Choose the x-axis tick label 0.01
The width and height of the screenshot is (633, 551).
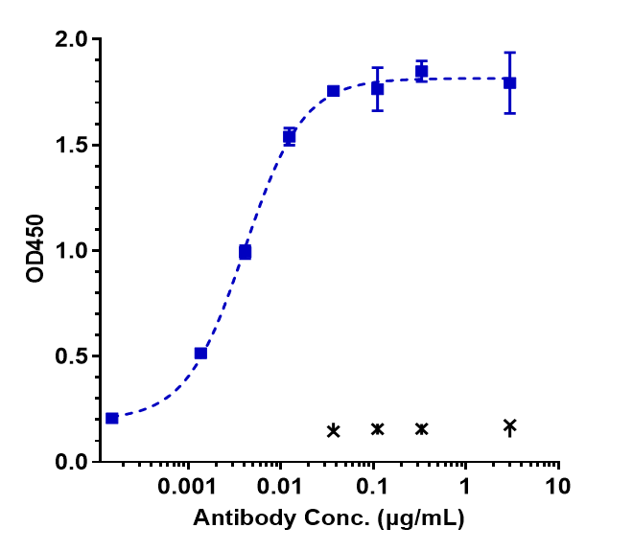[280, 486]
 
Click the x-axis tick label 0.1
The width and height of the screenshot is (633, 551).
[372, 486]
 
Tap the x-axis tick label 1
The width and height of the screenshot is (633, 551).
[464, 486]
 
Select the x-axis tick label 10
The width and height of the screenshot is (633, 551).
[556, 486]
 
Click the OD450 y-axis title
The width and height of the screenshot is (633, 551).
[35, 250]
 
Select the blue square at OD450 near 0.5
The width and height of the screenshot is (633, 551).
[200, 354]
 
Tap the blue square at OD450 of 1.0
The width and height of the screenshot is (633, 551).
[246, 252]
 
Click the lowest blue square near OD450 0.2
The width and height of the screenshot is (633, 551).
[112, 418]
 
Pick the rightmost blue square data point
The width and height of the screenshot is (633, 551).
[510, 83]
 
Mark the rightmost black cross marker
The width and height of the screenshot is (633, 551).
[510, 425]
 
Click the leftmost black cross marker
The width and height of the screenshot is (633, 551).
[333, 430]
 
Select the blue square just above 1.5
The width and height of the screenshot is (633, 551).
[289, 137]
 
